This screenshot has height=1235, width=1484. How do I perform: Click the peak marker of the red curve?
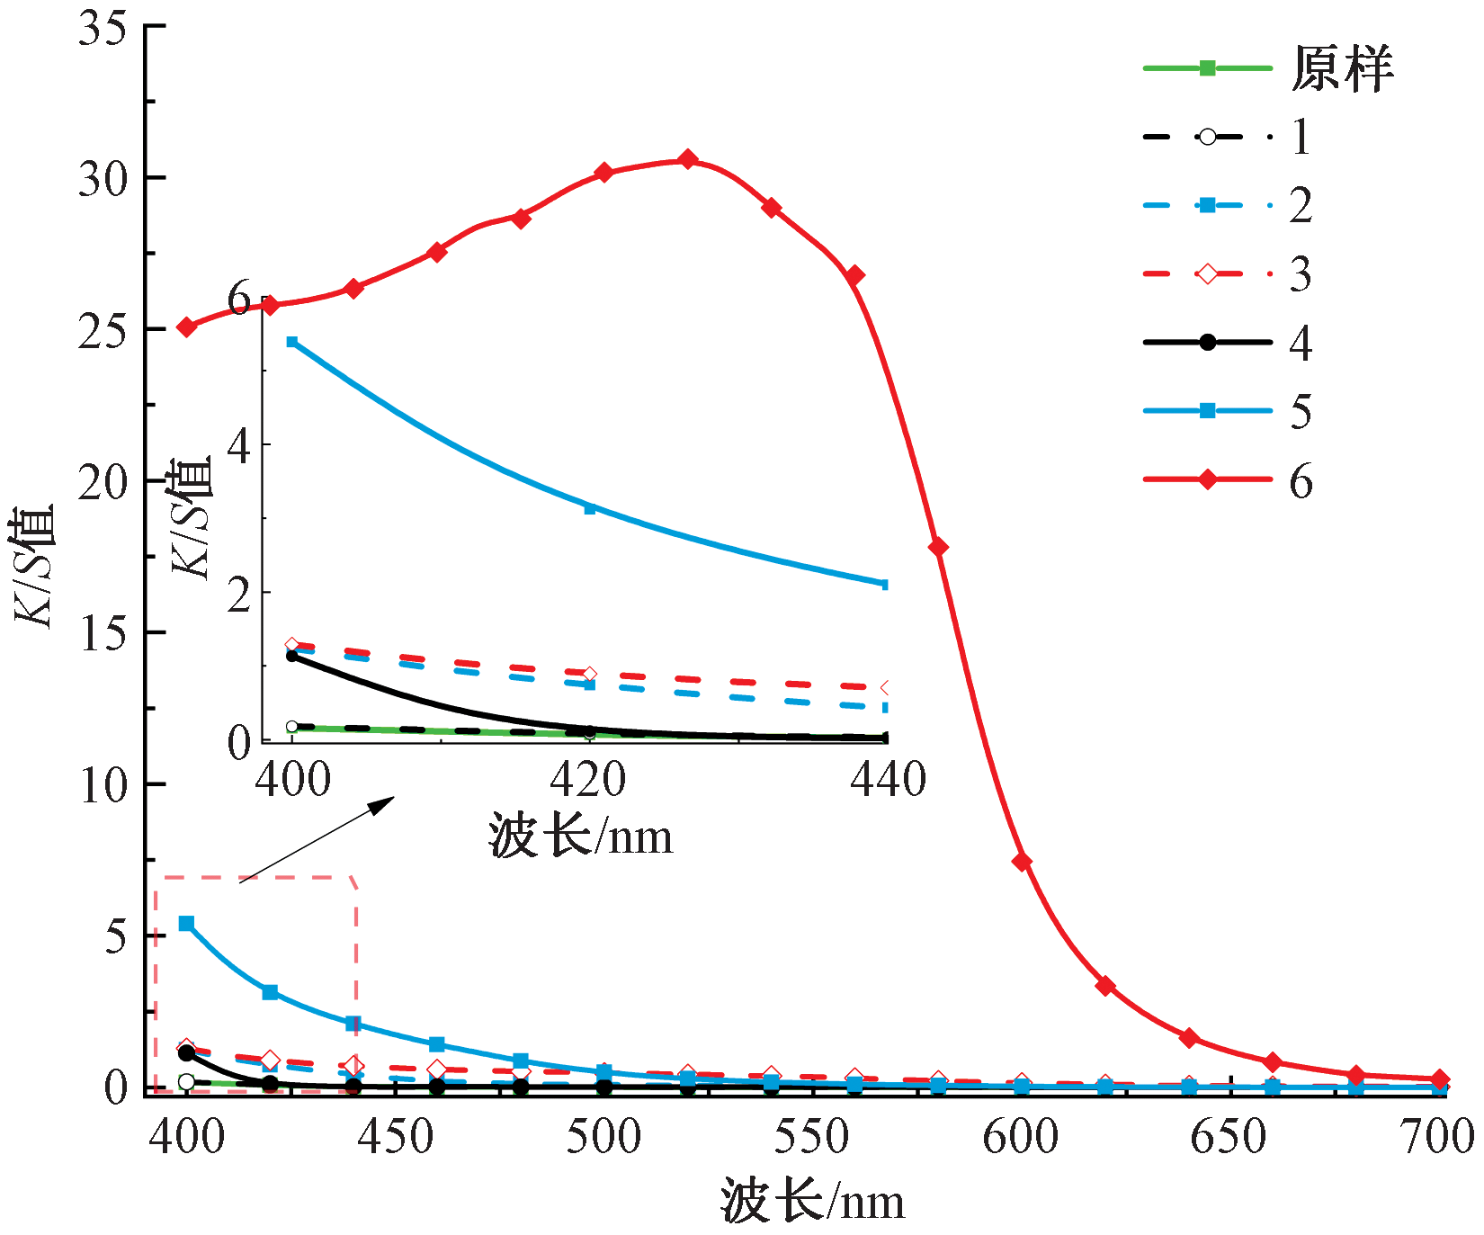[x=688, y=160]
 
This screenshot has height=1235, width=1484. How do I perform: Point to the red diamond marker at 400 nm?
[x=186, y=327]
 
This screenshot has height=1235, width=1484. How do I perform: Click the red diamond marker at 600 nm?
[x=1022, y=862]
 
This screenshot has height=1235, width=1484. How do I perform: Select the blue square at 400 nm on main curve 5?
[x=186, y=924]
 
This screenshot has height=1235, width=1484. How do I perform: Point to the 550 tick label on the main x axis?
[x=811, y=1137]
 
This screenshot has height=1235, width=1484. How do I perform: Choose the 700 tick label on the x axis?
[x=1437, y=1137]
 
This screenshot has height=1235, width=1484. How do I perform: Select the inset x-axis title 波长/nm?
[x=581, y=837]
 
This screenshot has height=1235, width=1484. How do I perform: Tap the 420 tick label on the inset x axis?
[x=588, y=780]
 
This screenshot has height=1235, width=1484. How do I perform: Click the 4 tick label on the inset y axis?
[x=238, y=445]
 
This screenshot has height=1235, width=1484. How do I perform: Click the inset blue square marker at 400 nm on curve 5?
[x=292, y=342]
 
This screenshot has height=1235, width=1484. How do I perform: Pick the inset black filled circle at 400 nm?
[x=292, y=656]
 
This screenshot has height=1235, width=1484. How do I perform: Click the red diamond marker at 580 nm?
[x=938, y=547]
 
